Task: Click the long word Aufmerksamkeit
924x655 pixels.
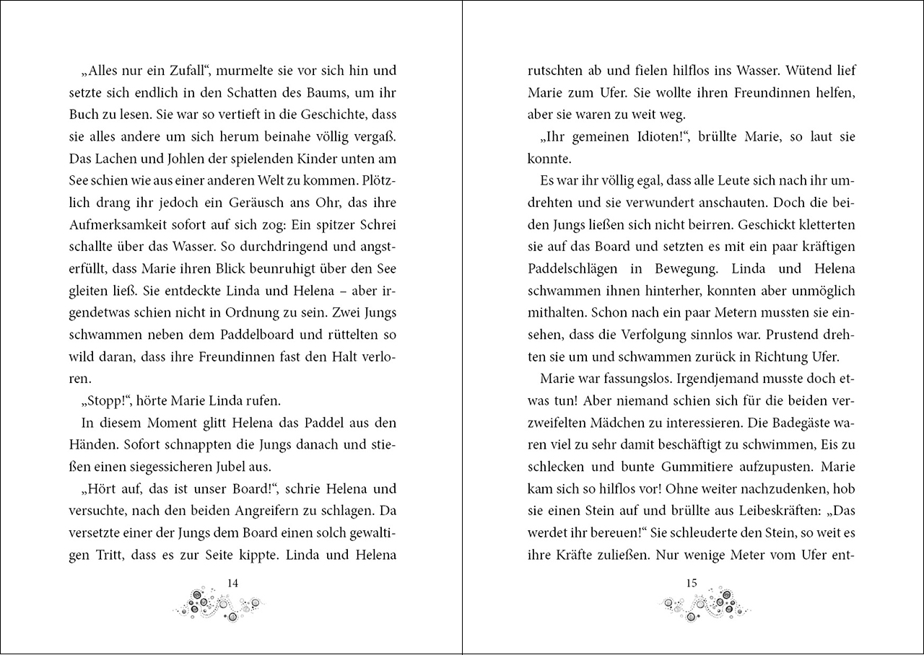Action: [x=119, y=225]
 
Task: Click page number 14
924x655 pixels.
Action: [x=232, y=583]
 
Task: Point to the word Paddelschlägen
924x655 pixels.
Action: [x=574, y=269]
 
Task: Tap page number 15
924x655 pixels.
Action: [x=692, y=583]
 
